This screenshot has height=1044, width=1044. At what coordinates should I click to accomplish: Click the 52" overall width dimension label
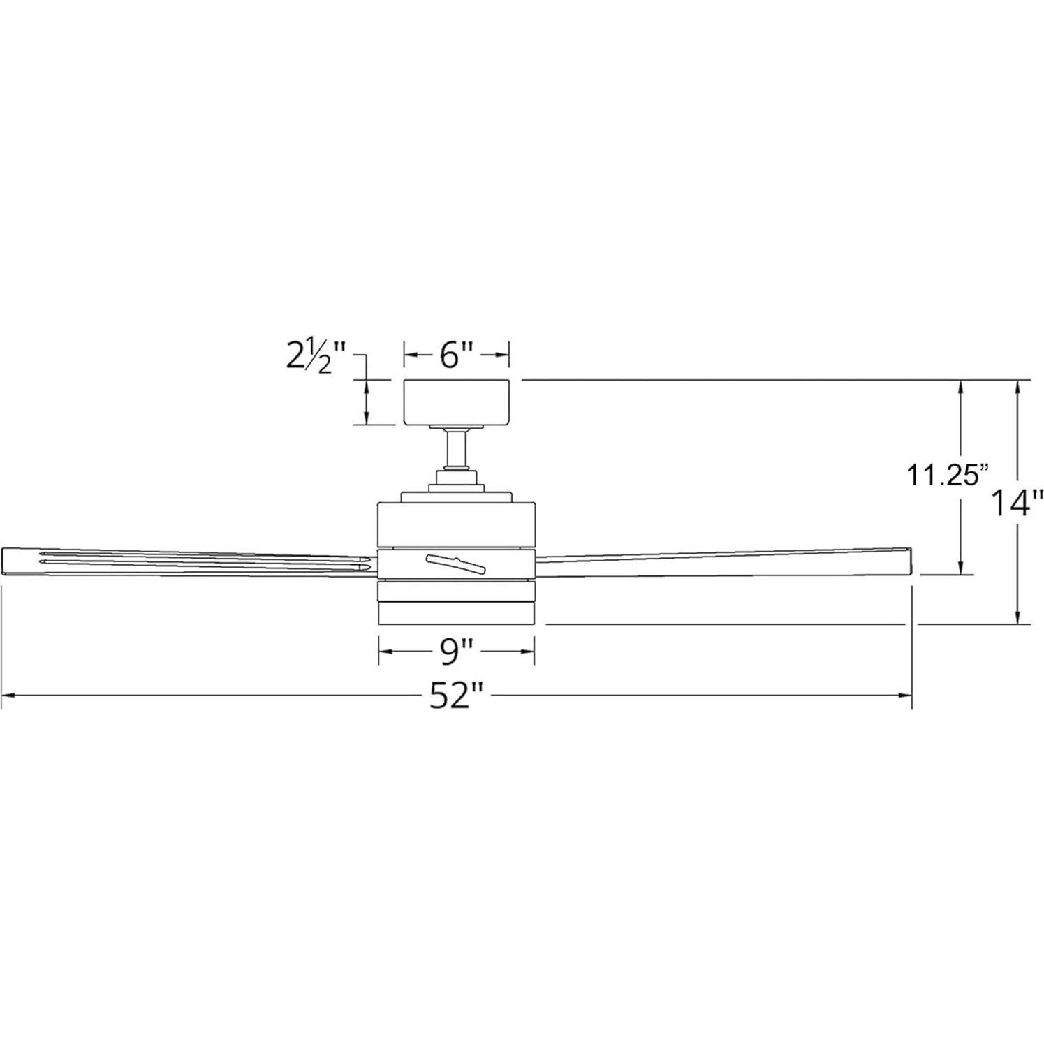[457, 695]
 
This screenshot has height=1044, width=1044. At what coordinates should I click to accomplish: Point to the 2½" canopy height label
[316, 356]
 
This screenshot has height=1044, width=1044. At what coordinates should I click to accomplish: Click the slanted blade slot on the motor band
[457, 561]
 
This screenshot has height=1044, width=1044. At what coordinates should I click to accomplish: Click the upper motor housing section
[457, 524]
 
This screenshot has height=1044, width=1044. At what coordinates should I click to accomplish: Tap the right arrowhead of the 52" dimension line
[906, 696]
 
